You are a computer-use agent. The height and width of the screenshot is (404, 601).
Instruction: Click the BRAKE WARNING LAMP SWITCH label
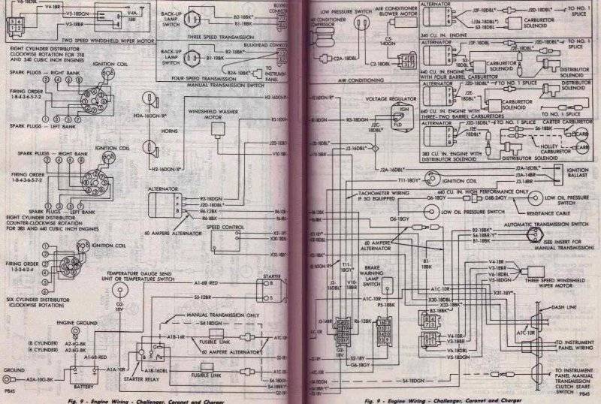[371, 276]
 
